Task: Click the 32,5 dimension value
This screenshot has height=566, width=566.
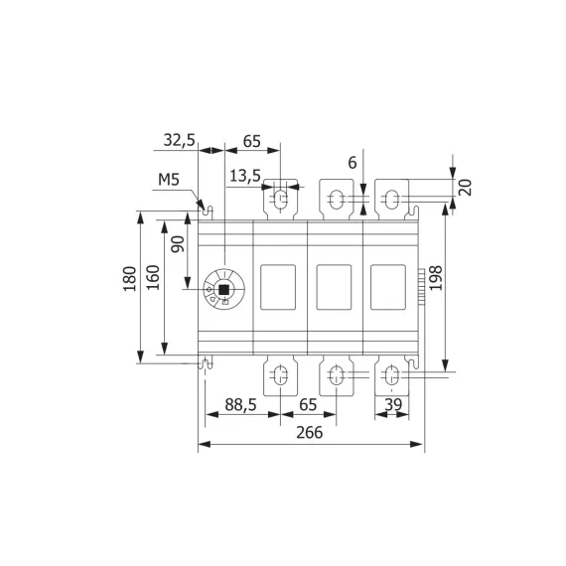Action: tap(179, 140)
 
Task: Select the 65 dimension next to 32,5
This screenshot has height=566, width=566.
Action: tap(251, 140)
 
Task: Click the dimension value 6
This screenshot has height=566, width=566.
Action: tap(352, 163)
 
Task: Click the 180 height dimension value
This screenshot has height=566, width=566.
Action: tap(128, 283)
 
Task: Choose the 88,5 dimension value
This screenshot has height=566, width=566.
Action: tap(235, 405)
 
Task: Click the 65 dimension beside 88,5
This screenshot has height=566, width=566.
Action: tap(308, 405)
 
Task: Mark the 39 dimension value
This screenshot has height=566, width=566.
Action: tap(392, 405)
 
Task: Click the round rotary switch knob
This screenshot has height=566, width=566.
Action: tap(221, 289)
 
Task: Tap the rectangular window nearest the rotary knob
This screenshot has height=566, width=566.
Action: tap(279, 288)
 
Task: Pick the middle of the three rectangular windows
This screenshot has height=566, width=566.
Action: tap(335, 288)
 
